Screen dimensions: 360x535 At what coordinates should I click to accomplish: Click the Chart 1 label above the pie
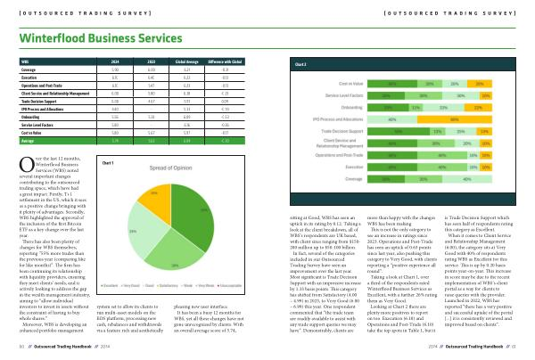[110, 163]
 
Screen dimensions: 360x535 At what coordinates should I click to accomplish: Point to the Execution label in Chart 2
[354, 165]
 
